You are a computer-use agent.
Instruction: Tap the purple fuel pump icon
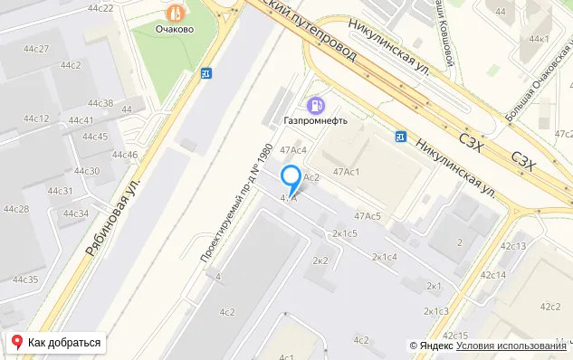315,103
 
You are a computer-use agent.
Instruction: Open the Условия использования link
511,346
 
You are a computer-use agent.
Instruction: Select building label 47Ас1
348,172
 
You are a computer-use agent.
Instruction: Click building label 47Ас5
368,215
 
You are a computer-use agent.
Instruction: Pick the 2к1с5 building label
345,233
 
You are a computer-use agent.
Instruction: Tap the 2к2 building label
320,261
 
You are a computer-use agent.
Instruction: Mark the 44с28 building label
16,209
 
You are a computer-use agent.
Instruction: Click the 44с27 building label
36,48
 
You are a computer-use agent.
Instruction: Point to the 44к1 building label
540,39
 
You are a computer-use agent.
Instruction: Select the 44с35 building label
25,279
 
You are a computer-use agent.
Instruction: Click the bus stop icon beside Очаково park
206,74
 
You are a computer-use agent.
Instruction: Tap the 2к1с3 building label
435,311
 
